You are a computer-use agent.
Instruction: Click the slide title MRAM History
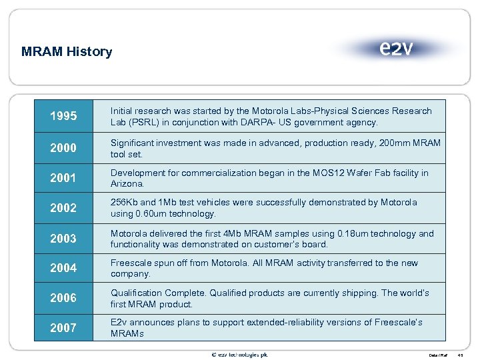coord(67,51)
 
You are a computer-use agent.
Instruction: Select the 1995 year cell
coord(63,117)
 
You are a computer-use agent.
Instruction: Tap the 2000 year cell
coord(63,148)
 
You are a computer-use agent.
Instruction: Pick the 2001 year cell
coord(63,178)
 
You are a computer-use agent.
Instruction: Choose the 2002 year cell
coord(63,208)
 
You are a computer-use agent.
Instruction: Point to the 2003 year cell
coord(63,239)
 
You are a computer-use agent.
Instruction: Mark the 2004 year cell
coord(63,268)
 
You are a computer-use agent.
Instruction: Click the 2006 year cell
coord(63,298)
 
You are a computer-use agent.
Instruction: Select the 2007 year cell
coord(63,327)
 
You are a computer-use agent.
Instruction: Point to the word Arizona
coord(127,183)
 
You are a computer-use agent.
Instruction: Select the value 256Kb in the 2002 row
coord(125,203)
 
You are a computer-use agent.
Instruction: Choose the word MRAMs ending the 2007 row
coord(127,333)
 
